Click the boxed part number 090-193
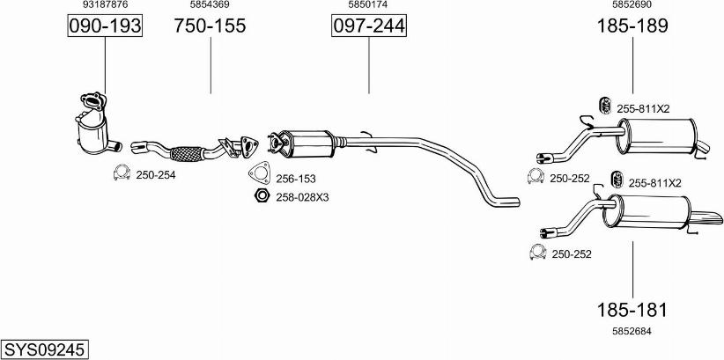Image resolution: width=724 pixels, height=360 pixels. coord(105,26)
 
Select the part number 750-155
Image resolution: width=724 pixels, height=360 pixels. coord(211,26)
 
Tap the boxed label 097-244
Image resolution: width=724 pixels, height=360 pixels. coord(369,26)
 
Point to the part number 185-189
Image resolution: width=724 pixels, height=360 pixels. coord(632,26)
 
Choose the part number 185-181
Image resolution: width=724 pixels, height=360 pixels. coord(632,310)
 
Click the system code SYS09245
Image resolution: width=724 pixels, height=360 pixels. coord(45,349)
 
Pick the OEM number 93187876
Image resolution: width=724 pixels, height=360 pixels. coord(105,4)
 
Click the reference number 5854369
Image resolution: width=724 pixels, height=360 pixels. coord(211,4)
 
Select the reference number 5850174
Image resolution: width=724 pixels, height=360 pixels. coord(368,4)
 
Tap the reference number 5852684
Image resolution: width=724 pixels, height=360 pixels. coord(632,331)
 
